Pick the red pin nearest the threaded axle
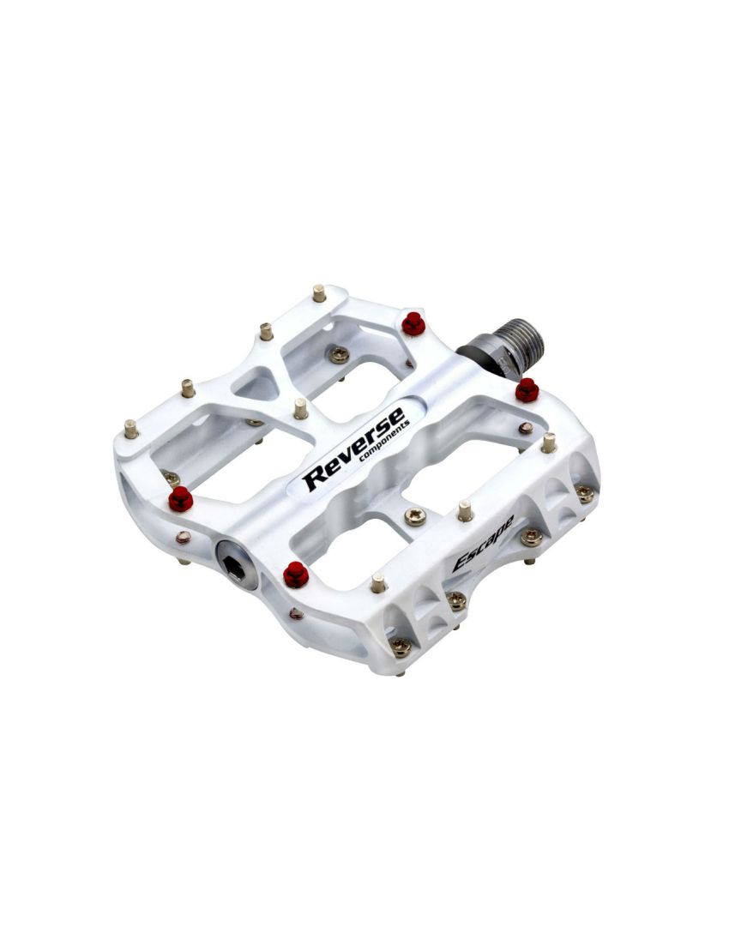[527, 390]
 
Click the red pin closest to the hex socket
[296, 575]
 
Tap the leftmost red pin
[181, 498]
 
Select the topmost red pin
[413, 323]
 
